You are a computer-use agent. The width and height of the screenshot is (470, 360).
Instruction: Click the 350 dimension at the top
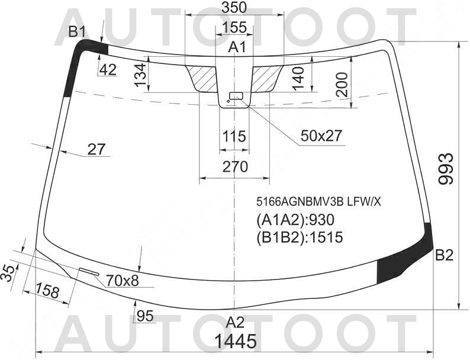point(235,8)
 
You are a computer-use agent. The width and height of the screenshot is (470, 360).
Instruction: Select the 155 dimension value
point(235,28)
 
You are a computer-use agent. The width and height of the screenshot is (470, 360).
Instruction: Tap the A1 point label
point(238,47)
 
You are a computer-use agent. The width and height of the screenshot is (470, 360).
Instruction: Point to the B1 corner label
point(77,32)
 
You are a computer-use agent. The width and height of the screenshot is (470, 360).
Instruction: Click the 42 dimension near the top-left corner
point(107,70)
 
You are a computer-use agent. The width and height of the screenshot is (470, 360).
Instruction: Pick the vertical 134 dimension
point(140,75)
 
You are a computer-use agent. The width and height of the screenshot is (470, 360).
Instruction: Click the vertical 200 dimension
point(342,84)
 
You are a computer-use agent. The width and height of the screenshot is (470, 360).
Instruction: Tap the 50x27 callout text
point(321,136)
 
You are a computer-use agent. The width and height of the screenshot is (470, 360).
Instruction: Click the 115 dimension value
point(234,137)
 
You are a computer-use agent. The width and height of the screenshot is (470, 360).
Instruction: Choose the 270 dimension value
point(234,168)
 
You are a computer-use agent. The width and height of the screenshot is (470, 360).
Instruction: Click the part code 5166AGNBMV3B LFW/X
point(318,201)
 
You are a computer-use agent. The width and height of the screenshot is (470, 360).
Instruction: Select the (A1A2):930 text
point(295,220)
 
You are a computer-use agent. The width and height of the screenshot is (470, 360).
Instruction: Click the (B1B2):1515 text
point(300,237)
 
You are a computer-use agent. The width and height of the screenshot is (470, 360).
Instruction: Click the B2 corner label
point(444,256)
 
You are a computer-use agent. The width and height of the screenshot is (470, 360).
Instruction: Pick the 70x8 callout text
point(122,280)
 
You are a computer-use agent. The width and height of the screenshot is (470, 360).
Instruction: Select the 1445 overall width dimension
point(235,342)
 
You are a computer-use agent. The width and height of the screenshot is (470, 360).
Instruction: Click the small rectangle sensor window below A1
point(237,95)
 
